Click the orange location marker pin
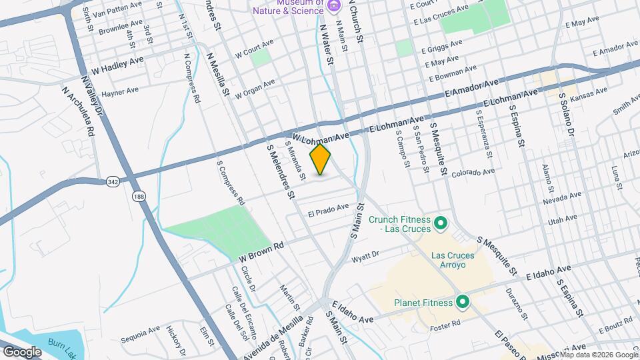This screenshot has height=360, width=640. tap(321, 160)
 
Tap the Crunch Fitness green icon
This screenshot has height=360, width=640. tap(440, 222)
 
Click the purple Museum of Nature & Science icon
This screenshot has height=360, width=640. tap(334, 6)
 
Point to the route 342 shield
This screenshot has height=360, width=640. tap(112, 181)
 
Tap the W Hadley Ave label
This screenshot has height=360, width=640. tap(117, 64)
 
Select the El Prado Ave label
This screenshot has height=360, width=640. tap(329, 211)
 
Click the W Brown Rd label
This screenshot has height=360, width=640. tap(261, 250)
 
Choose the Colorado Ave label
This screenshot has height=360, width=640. tap(473, 173)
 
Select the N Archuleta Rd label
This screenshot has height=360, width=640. tap(77, 111)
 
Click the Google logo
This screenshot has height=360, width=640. tap(22, 351)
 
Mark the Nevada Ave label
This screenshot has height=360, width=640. tap(561, 199)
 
